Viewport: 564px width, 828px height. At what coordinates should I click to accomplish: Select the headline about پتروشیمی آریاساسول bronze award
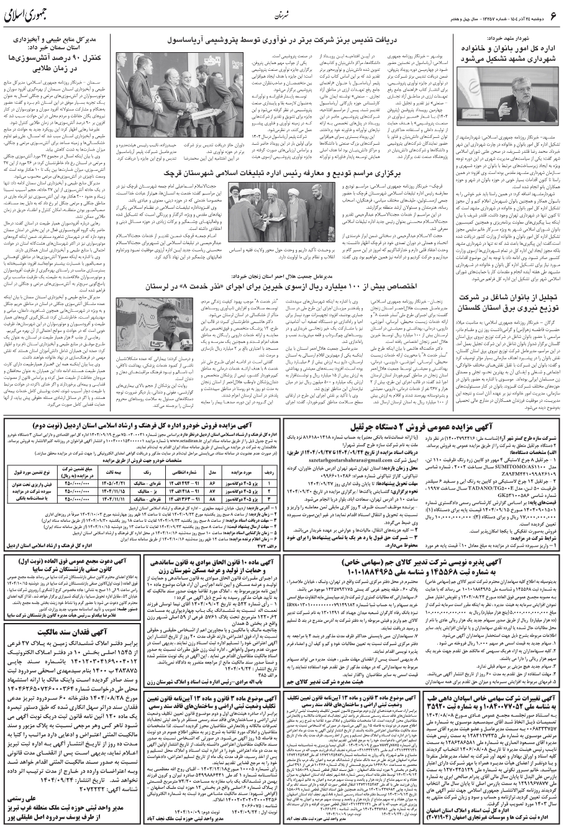click(298, 40)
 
